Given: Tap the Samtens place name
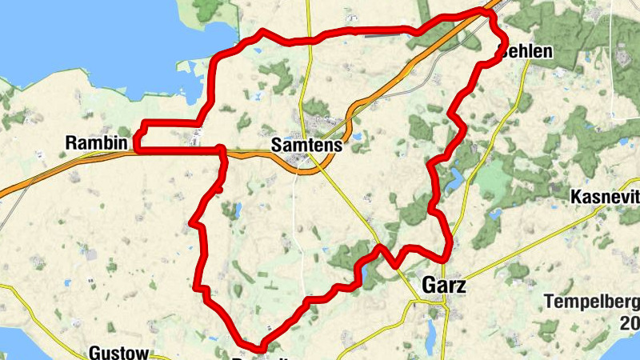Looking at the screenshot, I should tap(306, 146).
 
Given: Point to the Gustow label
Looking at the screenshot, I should tap(118, 352).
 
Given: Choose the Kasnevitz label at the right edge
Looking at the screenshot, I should tap(605, 197).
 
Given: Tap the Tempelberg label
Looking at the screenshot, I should tap(592, 302).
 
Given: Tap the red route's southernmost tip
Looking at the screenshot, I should tap(260, 348).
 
